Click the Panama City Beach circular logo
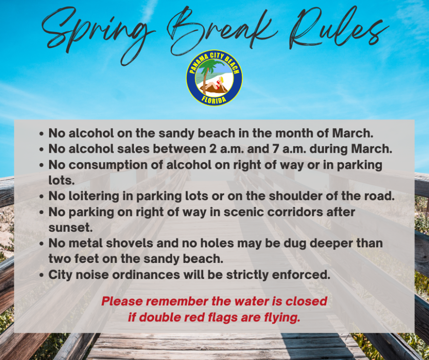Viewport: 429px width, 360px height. [214, 78]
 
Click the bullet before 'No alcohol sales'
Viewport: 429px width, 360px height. [41, 149]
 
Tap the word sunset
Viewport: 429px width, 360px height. [71, 228]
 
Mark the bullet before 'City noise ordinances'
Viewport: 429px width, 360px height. [41, 275]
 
